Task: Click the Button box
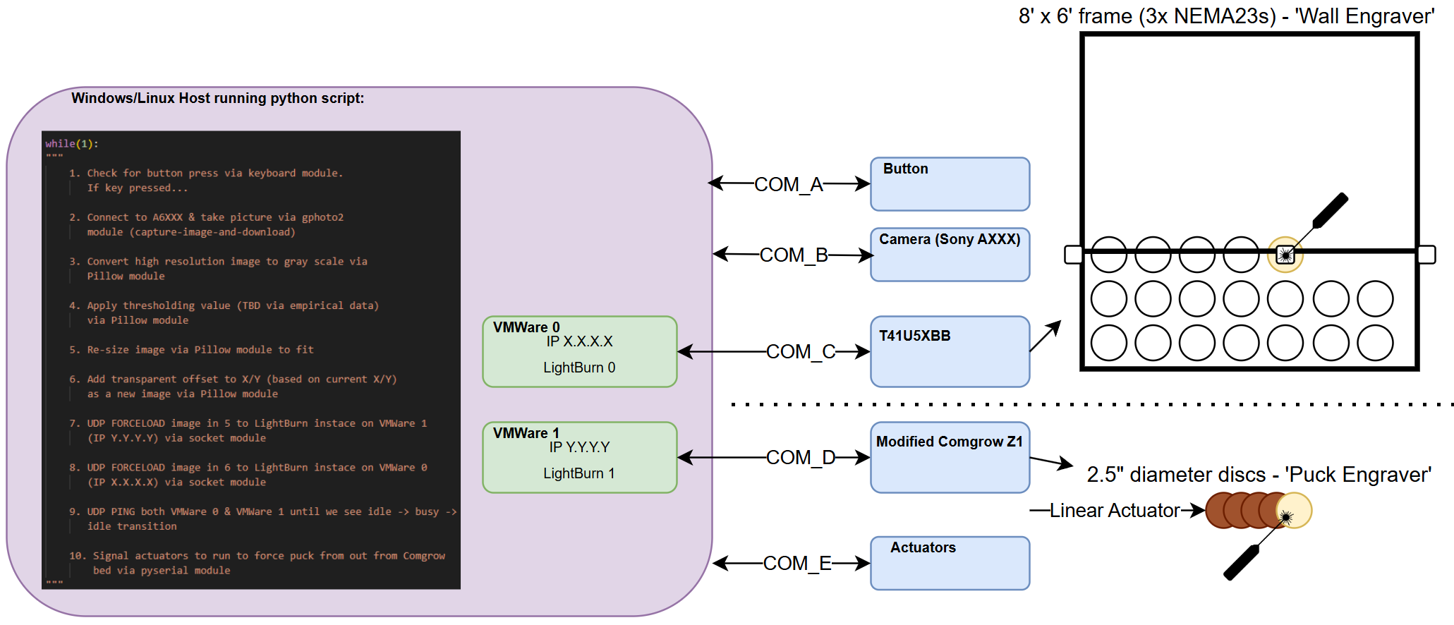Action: (950, 184)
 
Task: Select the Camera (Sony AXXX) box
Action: (950, 255)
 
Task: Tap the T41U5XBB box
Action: (950, 351)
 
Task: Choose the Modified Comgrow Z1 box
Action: (950, 457)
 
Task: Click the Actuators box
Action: (950, 563)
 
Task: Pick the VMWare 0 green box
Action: (579, 351)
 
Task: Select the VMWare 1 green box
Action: (579, 457)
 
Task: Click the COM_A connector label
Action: (789, 185)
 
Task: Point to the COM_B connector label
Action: (794, 255)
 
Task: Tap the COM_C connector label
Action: (801, 351)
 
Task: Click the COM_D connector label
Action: (801, 457)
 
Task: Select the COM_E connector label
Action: (797, 563)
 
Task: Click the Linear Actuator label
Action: (1115, 510)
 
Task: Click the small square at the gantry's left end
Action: (1073, 255)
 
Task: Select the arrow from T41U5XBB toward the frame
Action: (1046, 336)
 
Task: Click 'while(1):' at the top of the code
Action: (72, 144)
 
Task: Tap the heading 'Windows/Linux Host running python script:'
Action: (218, 98)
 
